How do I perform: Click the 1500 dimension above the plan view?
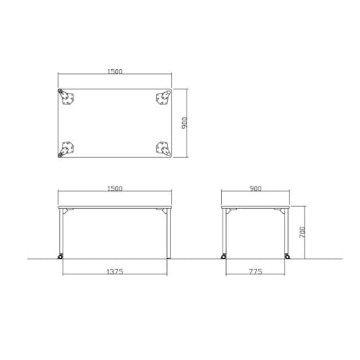pos(114,71)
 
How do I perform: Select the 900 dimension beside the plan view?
pos(184,122)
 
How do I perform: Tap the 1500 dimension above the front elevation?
pos(114,189)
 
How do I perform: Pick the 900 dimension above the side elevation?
pos(256,189)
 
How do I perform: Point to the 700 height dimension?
pos(302,232)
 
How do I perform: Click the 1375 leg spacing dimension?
pos(114,271)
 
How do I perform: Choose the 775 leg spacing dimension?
pos(256,271)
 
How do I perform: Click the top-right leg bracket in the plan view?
pos(163,98)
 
